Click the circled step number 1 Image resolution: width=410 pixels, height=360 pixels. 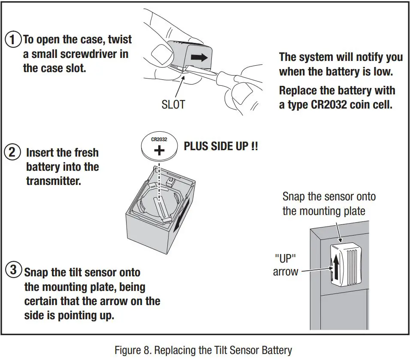coord(13,40)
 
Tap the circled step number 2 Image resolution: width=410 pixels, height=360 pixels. coord(12,152)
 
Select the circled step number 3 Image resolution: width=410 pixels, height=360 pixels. coord(13,270)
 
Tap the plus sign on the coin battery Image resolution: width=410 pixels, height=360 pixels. coord(159,150)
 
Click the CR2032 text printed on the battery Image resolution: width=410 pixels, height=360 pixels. coord(159,140)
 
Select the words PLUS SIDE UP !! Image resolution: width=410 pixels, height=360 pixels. coord(221,146)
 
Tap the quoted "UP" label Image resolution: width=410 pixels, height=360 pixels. coord(285,259)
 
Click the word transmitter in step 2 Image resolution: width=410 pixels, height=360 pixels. coord(53,181)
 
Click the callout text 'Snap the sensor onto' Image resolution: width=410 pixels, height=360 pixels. coord(329,197)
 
